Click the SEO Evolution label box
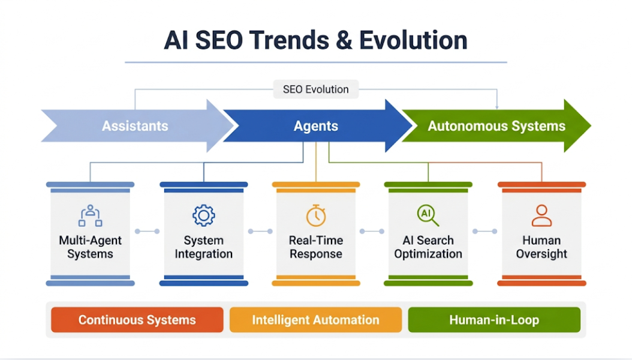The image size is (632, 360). (x=315, y=89)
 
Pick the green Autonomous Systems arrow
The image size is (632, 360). (x=496, y=126)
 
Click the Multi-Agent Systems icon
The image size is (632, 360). (x=91, y=215)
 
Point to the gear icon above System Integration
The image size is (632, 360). (x=203, y=215)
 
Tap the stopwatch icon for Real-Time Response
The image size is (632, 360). (x=316, y=215)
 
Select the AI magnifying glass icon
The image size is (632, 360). (x=428, y=215)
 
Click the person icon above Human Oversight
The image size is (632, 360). (x=541, y=215)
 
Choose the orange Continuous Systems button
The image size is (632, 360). (x=137, y=320)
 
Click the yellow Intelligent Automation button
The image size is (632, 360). (x=315, y=320)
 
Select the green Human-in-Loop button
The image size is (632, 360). (x=494, y=320)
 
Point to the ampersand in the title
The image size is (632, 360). (x=344, y=40)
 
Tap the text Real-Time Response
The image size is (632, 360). (x=316, y=247)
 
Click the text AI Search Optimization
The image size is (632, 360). (x=428, y=247)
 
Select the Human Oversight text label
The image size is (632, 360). (x=541, y=247)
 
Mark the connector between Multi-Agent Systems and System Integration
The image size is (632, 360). (x=147, y=232)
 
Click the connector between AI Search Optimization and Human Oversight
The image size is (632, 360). (x=485, y=232)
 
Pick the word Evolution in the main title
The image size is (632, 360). (x=413, y=40)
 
